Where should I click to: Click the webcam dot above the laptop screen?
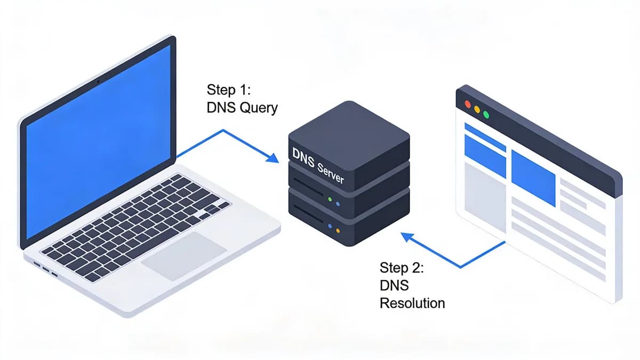[98, 82]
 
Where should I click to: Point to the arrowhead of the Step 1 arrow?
[273, 158]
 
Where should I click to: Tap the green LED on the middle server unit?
[330, 200]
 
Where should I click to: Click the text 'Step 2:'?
[402, 267]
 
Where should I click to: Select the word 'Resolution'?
[412, 303]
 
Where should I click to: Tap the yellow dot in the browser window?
[477, 109]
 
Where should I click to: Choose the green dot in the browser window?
[486, 114]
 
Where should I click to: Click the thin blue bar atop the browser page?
[485, 137]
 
